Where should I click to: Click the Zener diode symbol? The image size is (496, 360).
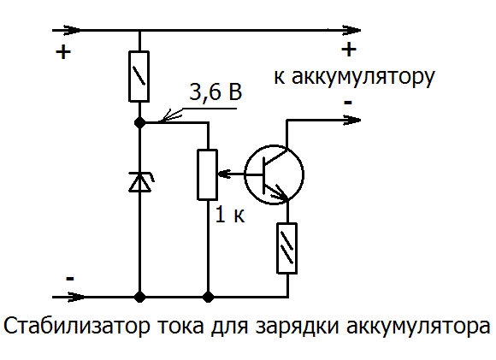pos(139,182)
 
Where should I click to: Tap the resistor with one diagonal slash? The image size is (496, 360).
pos(139,76)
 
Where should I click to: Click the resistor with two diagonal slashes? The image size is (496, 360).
pos(286,248)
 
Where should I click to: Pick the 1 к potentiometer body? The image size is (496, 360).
pos(207,174)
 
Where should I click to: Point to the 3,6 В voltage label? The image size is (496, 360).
pos(216,91)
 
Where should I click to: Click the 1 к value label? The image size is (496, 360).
pos(230,215)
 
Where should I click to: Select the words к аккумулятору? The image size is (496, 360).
pos(354,77)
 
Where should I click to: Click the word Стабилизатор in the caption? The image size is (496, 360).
pos(76,326)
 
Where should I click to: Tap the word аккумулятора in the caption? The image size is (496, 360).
pos(418,327)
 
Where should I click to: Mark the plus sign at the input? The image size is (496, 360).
pos(63,52)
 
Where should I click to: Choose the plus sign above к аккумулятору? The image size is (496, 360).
pos(349,50)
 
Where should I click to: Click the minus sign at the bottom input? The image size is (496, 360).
pos(70,279)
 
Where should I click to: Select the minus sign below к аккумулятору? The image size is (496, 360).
pos(348,102)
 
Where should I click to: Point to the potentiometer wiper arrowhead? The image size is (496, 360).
pos(222,174)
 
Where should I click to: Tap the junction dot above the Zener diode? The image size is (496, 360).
pos(139,121)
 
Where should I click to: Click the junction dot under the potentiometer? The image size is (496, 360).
pos(208,297)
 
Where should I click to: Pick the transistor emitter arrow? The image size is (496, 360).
pos(280,193)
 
